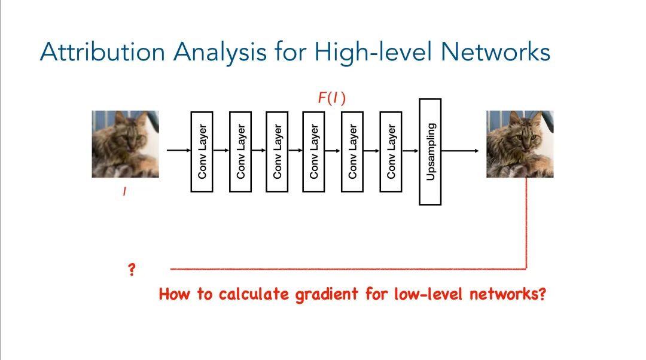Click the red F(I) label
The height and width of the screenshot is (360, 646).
click(331, 99)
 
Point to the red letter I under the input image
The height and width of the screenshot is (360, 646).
click(125, 192)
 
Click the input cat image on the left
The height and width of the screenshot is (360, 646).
click(125, 144)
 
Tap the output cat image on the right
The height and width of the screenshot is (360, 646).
click(520, 144)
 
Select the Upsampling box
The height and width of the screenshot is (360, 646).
click(431, 152)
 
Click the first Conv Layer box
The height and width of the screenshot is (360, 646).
click(202, 151)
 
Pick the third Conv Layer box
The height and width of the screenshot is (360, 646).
click(277, 151)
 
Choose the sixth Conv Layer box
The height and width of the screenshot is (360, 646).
click(391, 151)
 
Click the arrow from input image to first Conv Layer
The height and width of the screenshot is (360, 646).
click(178, 151)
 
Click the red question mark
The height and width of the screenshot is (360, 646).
click(132, 270)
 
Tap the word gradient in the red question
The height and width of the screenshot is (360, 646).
click(316, 294)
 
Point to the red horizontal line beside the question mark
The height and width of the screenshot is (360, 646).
click(347, 269)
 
